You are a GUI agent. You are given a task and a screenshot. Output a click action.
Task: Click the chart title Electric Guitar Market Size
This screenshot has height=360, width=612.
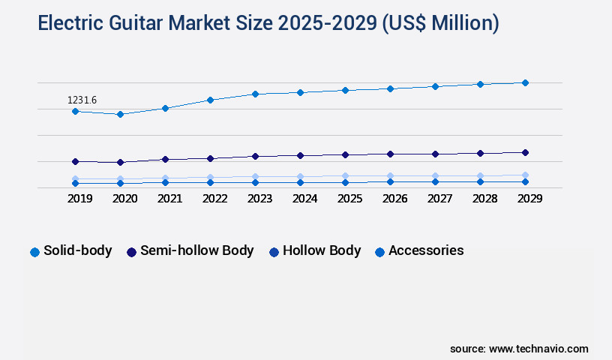268,24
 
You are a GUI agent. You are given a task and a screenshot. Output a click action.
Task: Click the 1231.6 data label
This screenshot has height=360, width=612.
82,100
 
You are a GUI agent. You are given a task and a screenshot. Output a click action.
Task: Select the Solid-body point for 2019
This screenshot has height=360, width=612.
75,111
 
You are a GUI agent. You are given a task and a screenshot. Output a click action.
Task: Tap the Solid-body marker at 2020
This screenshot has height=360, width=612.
120,114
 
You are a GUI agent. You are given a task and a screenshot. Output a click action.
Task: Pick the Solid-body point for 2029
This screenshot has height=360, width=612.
525,82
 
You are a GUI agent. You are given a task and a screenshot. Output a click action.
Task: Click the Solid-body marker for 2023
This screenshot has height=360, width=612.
255,94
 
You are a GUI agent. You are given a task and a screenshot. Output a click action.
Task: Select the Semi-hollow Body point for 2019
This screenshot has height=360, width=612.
75,161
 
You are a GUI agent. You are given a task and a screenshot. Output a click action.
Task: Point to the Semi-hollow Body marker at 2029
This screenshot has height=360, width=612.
525,152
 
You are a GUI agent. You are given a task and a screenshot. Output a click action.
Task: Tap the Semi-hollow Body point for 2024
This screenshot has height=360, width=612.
300,155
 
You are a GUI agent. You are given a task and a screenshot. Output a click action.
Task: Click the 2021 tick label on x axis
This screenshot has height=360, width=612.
169,199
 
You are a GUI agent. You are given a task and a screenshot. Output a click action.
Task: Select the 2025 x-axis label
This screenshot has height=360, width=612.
349,199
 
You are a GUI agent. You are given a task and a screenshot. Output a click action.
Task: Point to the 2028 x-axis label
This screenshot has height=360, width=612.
484,199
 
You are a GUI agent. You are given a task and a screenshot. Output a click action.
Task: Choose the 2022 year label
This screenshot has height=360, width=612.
214,199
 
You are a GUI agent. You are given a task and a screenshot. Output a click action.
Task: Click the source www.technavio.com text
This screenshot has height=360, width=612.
519,349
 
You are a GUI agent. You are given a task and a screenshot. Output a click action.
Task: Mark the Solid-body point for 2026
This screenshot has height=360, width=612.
390,88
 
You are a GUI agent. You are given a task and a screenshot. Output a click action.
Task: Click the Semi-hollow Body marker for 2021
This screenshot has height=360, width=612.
165,159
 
